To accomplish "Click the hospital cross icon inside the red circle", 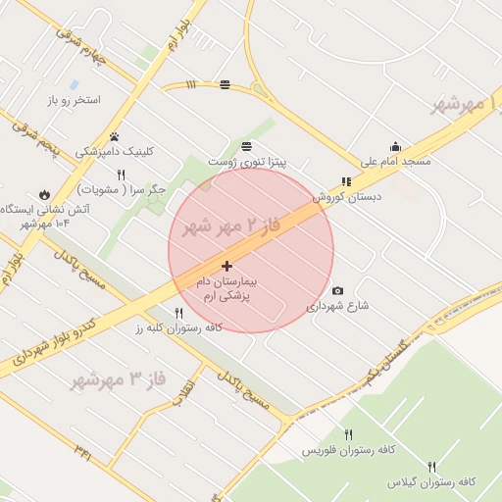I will [x=226, y=266].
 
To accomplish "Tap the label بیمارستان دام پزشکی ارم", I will [x=226, y=287].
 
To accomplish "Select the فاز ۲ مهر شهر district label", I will [x=232, y=226].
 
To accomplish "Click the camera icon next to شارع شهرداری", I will [x=338, y=290].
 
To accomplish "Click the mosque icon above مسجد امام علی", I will [x=395, y=146].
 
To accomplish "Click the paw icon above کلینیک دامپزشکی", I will [x=115, y=136].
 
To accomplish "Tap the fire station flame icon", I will [x=44, y=193].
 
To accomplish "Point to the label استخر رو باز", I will [x=75, y=100].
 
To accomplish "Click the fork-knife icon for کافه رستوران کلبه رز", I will [x=178, y=313].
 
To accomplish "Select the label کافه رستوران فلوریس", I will [x=348, y=449].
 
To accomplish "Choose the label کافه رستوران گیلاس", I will [x=431, y=482].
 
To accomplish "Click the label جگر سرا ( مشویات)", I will [x=124, y=189].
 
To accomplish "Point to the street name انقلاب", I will [x=185, y=389].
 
